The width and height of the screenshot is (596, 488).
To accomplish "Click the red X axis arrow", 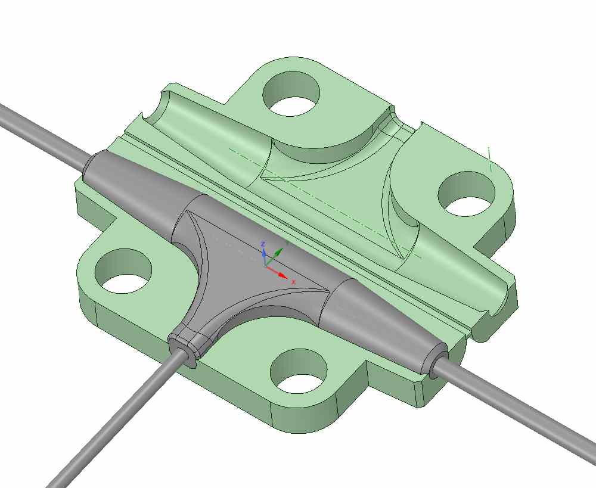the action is pos(277,271).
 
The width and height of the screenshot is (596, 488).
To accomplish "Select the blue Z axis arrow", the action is pos(263,254).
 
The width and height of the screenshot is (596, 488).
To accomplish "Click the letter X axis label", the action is pos(293,282).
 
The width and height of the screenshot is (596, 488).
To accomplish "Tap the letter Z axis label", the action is pos(262,243).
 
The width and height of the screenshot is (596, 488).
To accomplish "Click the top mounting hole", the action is pos(291,94).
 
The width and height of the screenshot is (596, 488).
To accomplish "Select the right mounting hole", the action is pos(467,194).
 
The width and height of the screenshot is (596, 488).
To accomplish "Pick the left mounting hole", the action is pos(123,271).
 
